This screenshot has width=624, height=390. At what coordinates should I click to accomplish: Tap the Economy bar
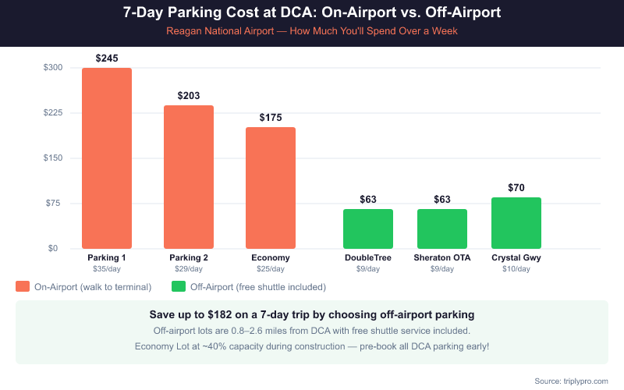click(x=271, y=188)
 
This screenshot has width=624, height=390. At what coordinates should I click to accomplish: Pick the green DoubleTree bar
click(x=368, y=229)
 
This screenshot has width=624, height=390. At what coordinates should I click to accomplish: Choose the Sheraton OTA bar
click(x=442, y=229)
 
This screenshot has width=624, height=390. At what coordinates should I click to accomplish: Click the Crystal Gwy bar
click(x=516, y=223)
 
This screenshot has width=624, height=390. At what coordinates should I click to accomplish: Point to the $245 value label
click(x=107, y=58)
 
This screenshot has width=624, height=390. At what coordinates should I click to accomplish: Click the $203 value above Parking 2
click(x=189, y=96)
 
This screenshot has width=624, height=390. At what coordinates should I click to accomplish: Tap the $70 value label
click(x=516, y=188)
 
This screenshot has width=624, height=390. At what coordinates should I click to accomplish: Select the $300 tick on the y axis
click(x=53, y=68)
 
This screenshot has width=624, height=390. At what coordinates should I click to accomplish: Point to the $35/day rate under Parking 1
click(x=107, y=269)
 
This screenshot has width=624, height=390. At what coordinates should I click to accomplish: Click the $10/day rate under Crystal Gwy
click(x=516, y=269)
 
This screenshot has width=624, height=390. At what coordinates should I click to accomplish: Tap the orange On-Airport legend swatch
click(x=23, y=286)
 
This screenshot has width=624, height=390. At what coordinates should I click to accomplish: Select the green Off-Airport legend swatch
click(x=179, y=286)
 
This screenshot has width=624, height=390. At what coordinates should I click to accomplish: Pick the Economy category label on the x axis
click(x=271, y=258)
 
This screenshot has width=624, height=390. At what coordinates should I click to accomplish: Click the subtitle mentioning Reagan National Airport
click(x=312, y=32)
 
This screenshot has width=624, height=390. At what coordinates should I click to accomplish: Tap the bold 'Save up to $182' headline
click(x=312, y=315)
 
